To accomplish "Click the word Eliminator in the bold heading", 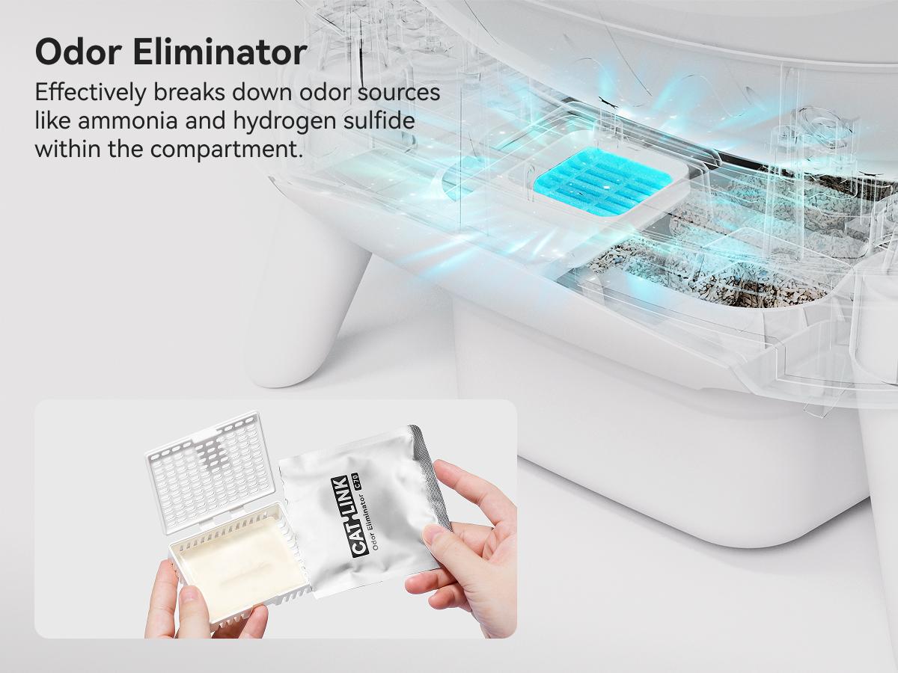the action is [x=220, y=52].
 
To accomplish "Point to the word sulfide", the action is [x=379, y=120].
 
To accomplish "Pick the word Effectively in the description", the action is [x=91, y=93].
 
